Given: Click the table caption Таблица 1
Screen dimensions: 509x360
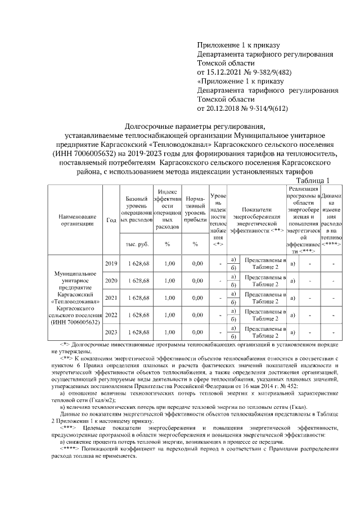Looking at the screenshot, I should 311,180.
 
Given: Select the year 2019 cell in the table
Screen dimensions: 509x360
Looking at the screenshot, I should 111,263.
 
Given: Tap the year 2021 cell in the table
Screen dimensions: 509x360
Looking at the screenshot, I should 111,298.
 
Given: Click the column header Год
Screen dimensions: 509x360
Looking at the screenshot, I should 111,220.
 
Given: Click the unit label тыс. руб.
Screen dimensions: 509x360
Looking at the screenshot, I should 138,244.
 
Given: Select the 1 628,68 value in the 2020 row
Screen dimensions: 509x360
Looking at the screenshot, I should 138,281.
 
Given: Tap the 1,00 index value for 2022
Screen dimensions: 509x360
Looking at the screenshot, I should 167,315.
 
